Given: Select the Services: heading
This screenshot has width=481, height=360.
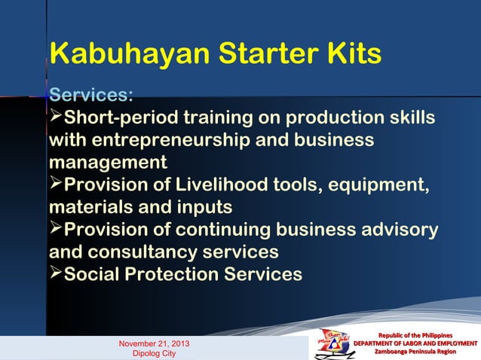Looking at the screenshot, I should [91, 97].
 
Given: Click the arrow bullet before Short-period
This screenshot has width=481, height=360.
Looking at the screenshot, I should [56, 118].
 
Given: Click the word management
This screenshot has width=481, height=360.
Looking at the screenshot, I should [108, 163].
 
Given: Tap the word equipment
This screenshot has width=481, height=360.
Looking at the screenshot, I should [373, 185].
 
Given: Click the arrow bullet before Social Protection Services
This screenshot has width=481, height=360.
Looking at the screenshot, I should [56, 273].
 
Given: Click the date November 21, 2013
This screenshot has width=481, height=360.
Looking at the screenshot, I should [154, 344].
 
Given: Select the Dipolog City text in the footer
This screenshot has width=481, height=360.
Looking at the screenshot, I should [154, 353].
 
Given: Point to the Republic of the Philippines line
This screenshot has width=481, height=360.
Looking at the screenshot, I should [416, 334].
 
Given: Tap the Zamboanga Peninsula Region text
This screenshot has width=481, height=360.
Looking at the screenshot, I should [416, 352].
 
